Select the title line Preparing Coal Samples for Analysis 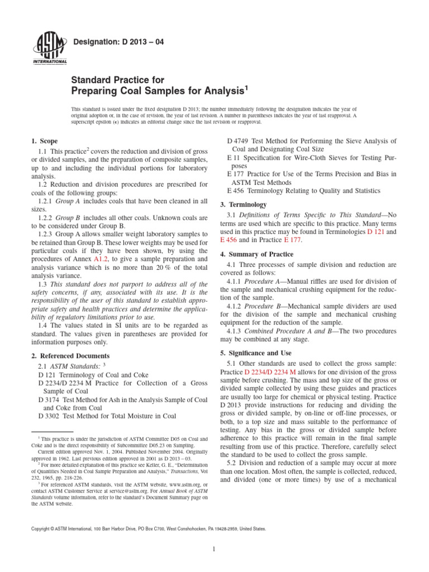[x=159, y=90]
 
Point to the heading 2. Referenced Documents [x=70, y=355]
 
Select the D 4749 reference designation [x=240, y=141]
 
